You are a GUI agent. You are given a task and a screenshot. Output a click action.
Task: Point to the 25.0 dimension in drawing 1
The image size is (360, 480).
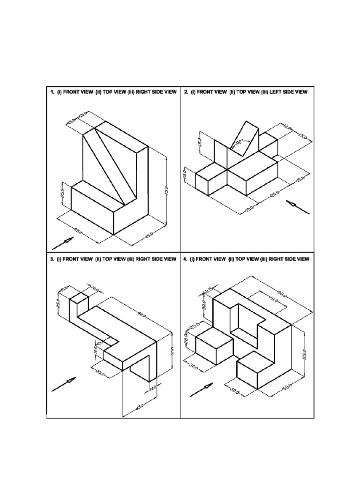point(61,193)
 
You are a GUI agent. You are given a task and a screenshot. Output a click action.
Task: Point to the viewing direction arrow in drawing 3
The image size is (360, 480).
point(64,383)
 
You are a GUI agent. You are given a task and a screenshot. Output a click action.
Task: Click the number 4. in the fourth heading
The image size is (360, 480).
point(186,259)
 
